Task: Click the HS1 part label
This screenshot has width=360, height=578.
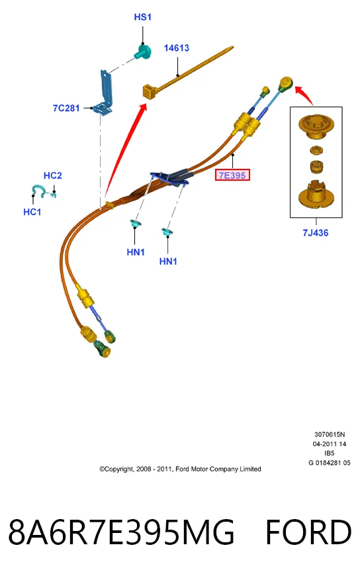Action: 142,17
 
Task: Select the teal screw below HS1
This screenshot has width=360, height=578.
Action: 143,52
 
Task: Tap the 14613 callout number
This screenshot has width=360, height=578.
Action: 177,48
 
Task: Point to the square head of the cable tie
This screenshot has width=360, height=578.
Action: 150,91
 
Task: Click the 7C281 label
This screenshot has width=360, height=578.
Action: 66,108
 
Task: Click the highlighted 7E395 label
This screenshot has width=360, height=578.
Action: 232,175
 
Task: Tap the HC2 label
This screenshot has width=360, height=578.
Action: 53,175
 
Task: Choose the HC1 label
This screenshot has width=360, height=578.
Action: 32,212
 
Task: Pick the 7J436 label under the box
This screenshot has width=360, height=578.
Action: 316,233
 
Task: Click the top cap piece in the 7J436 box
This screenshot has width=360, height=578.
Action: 316,127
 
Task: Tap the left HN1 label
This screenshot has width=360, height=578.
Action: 136,252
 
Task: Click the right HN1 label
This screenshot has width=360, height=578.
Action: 168,262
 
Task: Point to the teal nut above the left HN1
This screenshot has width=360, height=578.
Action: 135,223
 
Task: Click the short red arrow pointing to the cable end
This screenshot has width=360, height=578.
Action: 304,95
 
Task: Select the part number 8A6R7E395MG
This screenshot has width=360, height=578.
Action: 121,532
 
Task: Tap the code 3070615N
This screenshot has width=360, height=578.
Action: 330,434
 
